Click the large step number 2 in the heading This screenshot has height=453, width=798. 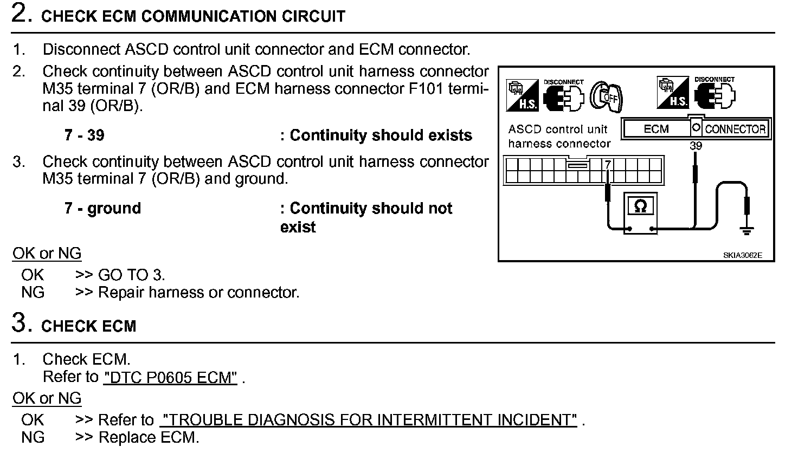[x=20, y=14]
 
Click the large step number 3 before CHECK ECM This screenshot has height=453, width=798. [x=20, y=323]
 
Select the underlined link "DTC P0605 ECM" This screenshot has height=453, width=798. [x=170, y=378]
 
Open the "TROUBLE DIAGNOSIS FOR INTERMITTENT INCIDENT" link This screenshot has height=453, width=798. [x=369, y=420]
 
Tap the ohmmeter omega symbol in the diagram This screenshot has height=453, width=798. [x=640, y=206]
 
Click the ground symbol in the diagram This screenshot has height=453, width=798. [x=746, y=231]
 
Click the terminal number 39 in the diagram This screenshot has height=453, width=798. [x=696, y=146]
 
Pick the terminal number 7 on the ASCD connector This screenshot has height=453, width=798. [x=608, y=164]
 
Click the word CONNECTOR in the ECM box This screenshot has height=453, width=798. [x=735, y=129]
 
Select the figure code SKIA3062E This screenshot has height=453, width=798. [x=742, y=255]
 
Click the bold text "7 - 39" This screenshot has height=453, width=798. [x=84, y=135]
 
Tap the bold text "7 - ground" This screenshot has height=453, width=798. [x=102, y=209]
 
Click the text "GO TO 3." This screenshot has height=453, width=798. [x=131, y=275]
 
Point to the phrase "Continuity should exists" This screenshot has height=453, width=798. [x=381, y=135]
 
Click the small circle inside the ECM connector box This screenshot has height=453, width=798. [x=696, y=128]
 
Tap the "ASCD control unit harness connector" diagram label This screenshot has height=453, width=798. [x=559, y=137]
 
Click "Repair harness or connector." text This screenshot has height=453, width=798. [x=198, y=293]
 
